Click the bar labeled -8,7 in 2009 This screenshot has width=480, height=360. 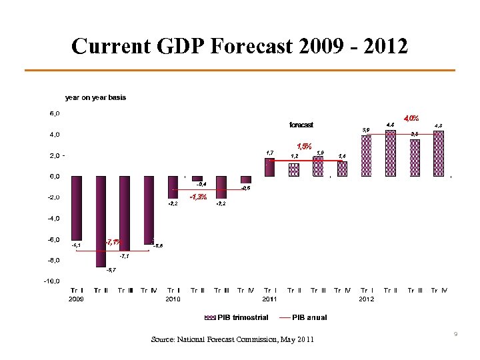pyautogui.click(x=101, y=221)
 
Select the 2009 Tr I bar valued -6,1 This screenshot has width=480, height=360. pyautogui.click(x=77, y=207)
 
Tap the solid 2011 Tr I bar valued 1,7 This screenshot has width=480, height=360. pyautogui.click(x=269, y=167)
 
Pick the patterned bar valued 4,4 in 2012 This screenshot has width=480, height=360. pyautogui.click(x=390, y=153)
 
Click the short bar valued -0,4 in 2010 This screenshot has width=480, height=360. pyautogui.click(x=197, y=179)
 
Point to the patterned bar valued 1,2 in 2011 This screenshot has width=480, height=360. pyautogui.click(x=294, y=170)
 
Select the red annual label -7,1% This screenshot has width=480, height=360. pyautogui.click(x=113, y=242)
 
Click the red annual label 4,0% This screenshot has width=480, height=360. pyautogui.click(x=411, y=118)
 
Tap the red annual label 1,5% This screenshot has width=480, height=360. pyautogui.click(x=304, y=146)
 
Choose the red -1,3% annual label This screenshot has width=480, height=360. pyautogui.click(x=198, y=197)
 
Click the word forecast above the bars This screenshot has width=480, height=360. pyautogui.click(x=301, y=125)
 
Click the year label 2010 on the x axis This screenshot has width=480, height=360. pyautogui.click(x=173, y=299)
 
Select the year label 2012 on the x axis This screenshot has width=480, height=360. pyautogui.click(x=366, y=299)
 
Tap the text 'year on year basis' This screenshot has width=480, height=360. pyautogui.click(x=95, y=97)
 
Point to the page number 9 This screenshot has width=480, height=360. pyautogui.click(x=454, y=333)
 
